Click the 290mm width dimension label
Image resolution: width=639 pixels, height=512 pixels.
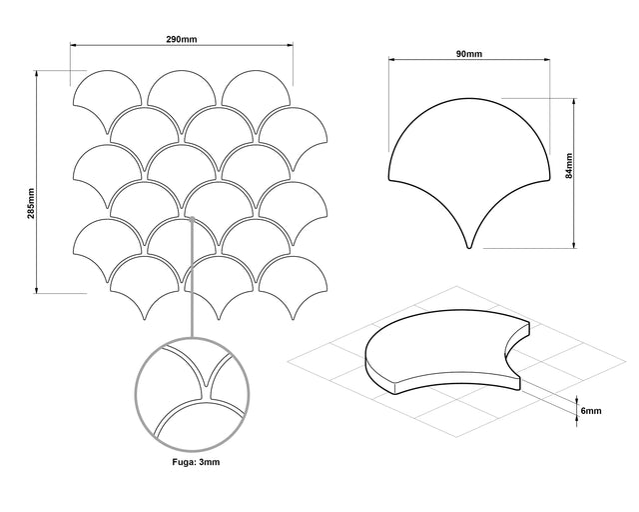pos(182,39)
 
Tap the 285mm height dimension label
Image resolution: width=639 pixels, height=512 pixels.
pos(31,203)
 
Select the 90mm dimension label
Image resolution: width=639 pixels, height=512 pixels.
pos(468,53)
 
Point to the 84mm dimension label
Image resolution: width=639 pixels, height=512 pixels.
pos(569,165)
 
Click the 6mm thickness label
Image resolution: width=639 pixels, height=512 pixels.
pos(590,411)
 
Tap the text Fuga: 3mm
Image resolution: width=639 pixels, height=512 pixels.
pos(196,462)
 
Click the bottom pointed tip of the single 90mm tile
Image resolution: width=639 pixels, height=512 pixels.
pos(469,247)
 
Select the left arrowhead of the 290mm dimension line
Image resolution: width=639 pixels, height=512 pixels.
pos(73,45)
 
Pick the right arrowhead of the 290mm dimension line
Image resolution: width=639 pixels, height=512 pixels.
pos(290,45)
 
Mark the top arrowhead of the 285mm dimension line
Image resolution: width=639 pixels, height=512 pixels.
pos(37,74)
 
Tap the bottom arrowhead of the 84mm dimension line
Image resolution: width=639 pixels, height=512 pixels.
pos(574,245)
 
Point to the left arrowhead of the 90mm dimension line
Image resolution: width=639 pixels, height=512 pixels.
pos(391,60)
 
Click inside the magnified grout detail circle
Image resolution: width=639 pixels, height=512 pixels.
pos(193,394)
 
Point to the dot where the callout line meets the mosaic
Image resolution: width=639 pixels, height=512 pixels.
pos(192,219)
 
